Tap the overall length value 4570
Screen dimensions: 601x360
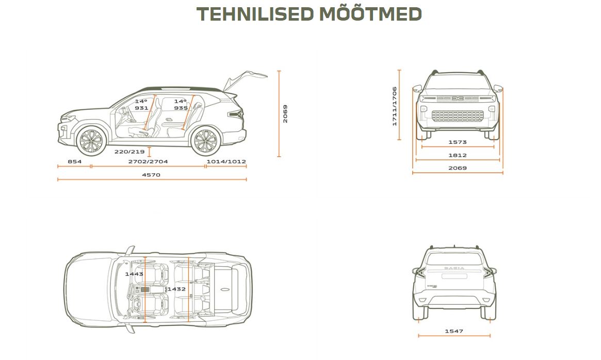click(151, 175)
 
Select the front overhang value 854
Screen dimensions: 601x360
click(75, 161)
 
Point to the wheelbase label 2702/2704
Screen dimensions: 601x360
click(148, 161)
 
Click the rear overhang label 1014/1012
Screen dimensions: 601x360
click(226, 161)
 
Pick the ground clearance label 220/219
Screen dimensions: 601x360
click(129, 152)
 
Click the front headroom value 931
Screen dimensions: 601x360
click(141, 108)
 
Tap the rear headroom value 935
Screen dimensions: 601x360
click(181, 108)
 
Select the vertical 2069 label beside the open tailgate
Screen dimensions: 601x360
click(285, 114)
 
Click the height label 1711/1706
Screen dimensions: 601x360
click(395, 106)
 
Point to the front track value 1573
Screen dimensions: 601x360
click(458, 142)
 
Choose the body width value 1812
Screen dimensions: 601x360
click(458, 155)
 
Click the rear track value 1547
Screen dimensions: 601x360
click(454, 331)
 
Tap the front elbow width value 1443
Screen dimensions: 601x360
click(134, 274)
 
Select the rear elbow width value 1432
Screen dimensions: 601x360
click(176, 289)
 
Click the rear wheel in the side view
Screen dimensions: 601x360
click(205, 141)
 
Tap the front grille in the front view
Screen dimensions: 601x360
click(458, 116)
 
